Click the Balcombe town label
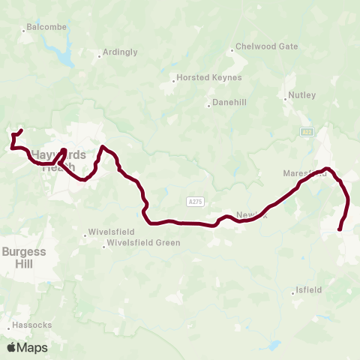click(46, 27)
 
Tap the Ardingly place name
click(120, 52)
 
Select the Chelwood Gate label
click(266, 46)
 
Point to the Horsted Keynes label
click(199, 78)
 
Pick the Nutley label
click(302, 95)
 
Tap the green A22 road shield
click(306, 132)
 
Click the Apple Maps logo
click(27, 347)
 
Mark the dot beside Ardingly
click(99, 55)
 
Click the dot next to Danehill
click(209, 105)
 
